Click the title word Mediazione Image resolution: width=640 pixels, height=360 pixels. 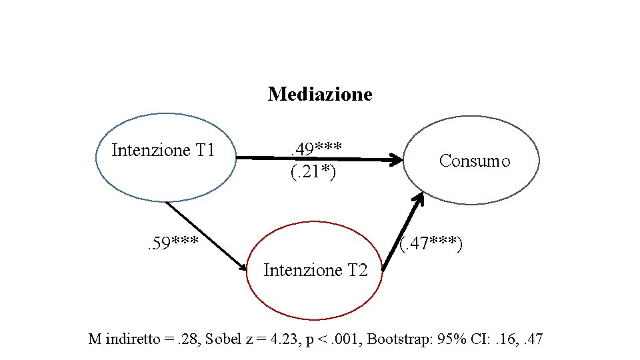click(320, 94)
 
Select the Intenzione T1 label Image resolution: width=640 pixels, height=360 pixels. click(163, 150)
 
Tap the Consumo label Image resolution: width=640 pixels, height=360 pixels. click(475, 161)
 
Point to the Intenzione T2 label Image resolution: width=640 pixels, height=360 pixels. click(315, 270)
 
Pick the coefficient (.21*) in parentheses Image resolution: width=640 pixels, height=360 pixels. click(313, 173)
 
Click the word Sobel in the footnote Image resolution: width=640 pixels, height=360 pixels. click(225, 339)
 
